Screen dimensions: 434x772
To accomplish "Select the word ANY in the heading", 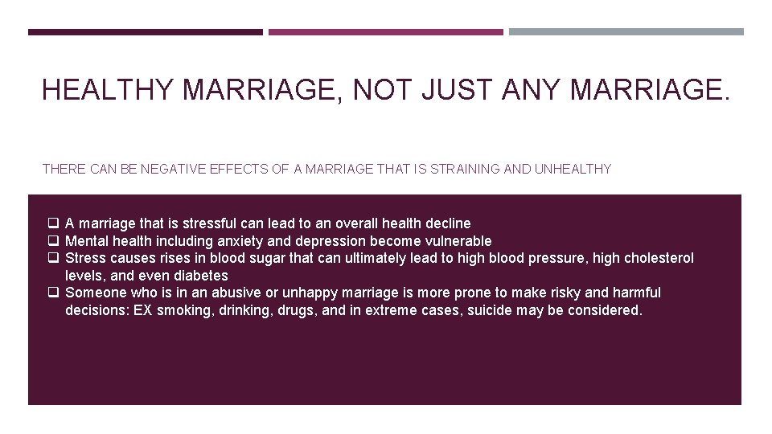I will pos(532,90).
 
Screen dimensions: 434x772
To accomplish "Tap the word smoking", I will pos(182,310).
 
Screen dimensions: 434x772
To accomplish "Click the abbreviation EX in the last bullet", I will pos(143,310).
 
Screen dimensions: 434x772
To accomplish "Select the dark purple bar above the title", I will pos(145,32).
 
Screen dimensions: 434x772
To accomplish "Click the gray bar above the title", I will pos(626,32).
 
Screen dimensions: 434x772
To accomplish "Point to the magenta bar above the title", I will pos(385,32).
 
